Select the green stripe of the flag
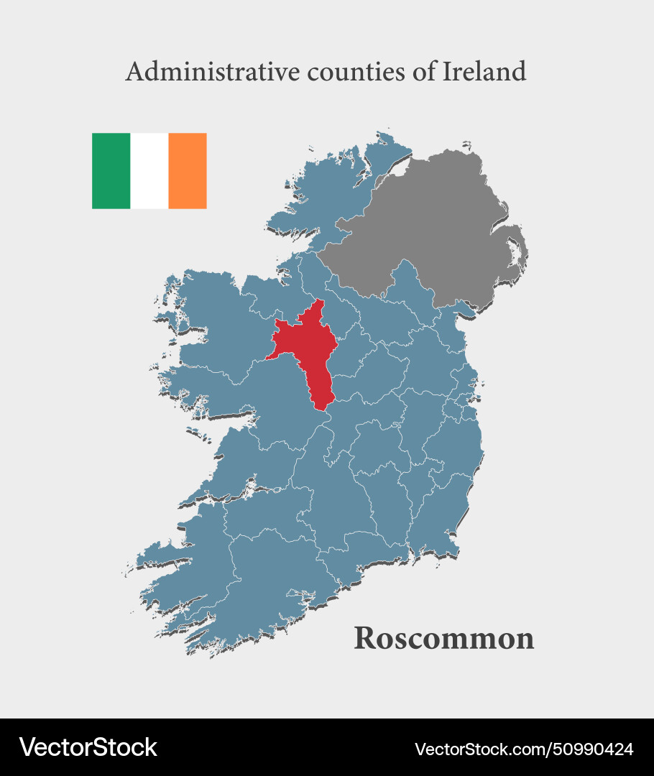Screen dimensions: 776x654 click(111, 171)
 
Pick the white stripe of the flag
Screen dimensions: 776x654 click(149, 171)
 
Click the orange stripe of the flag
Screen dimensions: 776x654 click(188, 171)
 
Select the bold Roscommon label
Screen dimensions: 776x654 click(443, 638)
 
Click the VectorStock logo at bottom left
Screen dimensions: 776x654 click(88, 747)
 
